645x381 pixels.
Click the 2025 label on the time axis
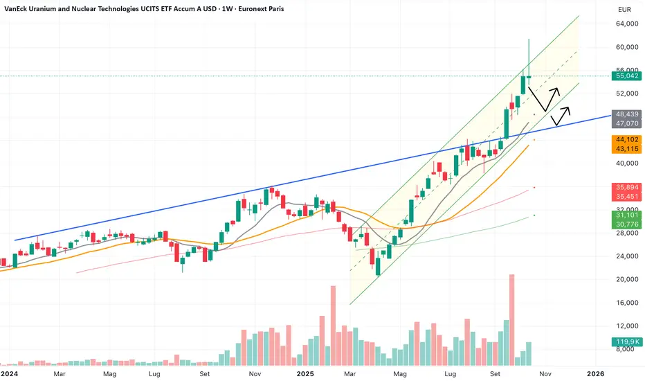pos(307,373)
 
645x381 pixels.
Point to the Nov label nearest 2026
pos(546,373)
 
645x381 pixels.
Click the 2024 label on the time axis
pos(9,373)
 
